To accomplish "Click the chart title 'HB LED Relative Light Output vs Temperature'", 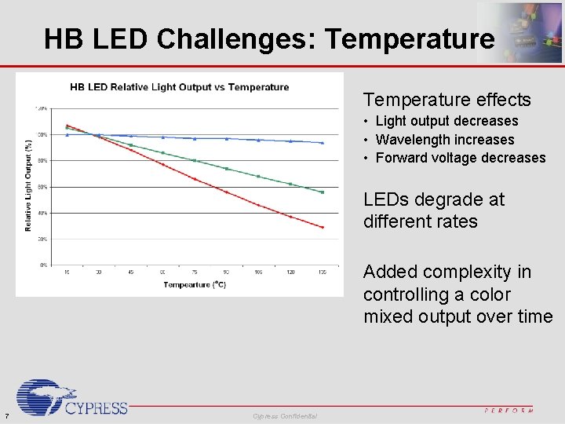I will (x=180, y=87).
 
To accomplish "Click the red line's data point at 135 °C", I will (x=323, y=228).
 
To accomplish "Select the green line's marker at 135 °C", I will (x=323, y=192).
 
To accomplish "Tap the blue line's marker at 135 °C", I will (x=323, y=142).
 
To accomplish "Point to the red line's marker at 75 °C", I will (x=195, y=179).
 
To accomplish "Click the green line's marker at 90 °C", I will (x=227, y=169).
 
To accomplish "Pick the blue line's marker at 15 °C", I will (x=67, y=135).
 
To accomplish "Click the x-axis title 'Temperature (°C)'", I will (x=195, y=285).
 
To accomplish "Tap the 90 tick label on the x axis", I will (x=227, y=272).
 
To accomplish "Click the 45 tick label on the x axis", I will (x=130, y=272).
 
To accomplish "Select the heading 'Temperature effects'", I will (x=447, y=100).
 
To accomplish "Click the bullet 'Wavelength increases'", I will (x=445, y=140).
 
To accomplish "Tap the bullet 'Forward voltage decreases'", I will (x=460, y=158).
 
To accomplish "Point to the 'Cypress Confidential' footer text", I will (x=285, y=416).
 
